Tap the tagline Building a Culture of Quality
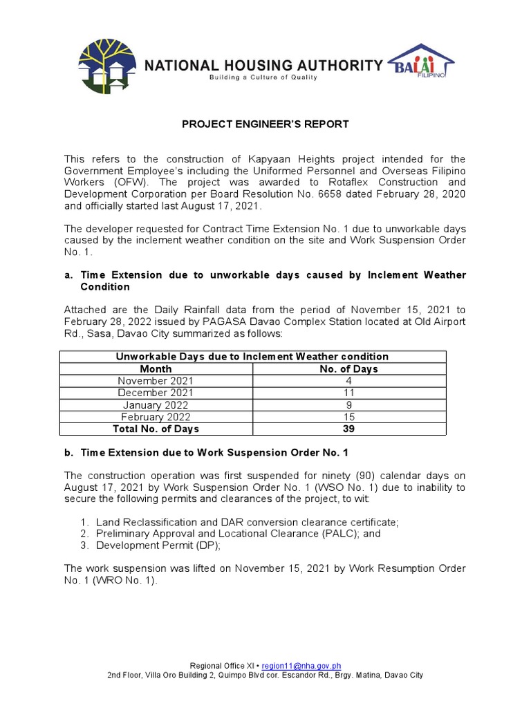coord(263,77)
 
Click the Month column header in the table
coord(156,369)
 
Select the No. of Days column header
coord(348,369)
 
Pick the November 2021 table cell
coord(156,381)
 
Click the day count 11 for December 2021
coord(348,393)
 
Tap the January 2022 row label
coord(156,405)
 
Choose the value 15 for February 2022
coord(348,417)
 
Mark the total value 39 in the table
coord(348,429)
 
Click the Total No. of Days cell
coord(156,429)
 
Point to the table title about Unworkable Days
coord(252,357)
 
